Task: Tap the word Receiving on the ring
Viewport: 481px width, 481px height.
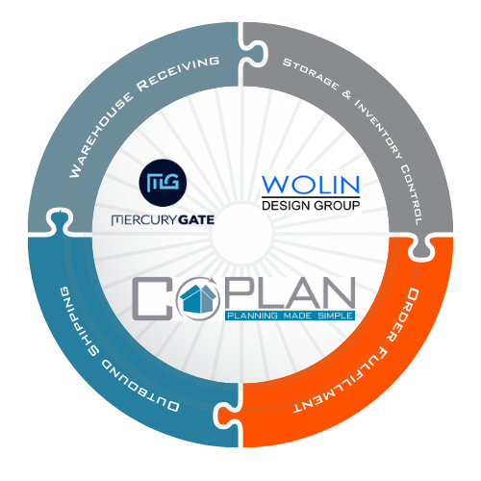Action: coord(178,73)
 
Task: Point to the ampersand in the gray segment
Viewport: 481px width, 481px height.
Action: coord(346,94)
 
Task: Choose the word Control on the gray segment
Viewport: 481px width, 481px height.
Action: coord(412,195)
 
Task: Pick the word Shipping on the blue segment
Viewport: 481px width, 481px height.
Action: coord(76,321)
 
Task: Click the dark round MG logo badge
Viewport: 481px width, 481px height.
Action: coord(163,183)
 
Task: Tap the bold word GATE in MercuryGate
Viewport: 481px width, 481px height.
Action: coord(196,220)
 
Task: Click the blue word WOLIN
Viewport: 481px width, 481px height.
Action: coord(311,185)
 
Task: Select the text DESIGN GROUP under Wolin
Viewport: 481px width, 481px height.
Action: coord(311,205)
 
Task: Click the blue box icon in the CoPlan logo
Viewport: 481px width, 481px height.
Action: coord(198,299)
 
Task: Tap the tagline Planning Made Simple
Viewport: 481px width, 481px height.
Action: coord(290,316)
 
